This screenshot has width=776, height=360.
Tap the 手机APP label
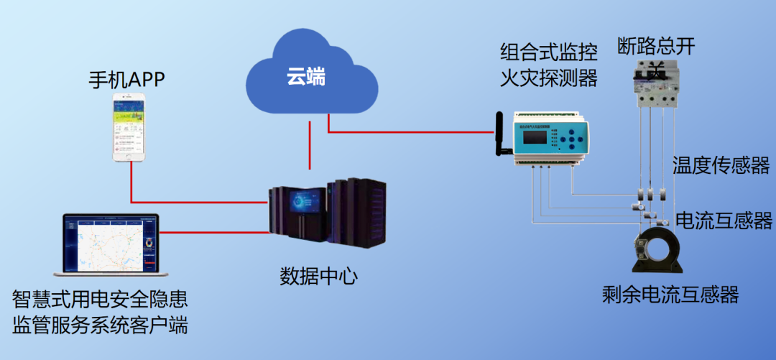click(126, 78)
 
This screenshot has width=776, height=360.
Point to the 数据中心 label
click(318, 276)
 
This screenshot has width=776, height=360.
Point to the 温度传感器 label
click(720, 166)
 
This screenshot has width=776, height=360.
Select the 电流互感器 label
click(724, 221)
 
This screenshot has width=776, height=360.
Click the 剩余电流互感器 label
click(670, 295)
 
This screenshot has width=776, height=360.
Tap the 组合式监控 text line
click(549, 52)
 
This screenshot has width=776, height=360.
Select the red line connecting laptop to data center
click(216, 232)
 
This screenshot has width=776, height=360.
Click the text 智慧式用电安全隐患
click(100, 298)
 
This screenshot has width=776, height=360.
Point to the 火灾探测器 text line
click(549, 77)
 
